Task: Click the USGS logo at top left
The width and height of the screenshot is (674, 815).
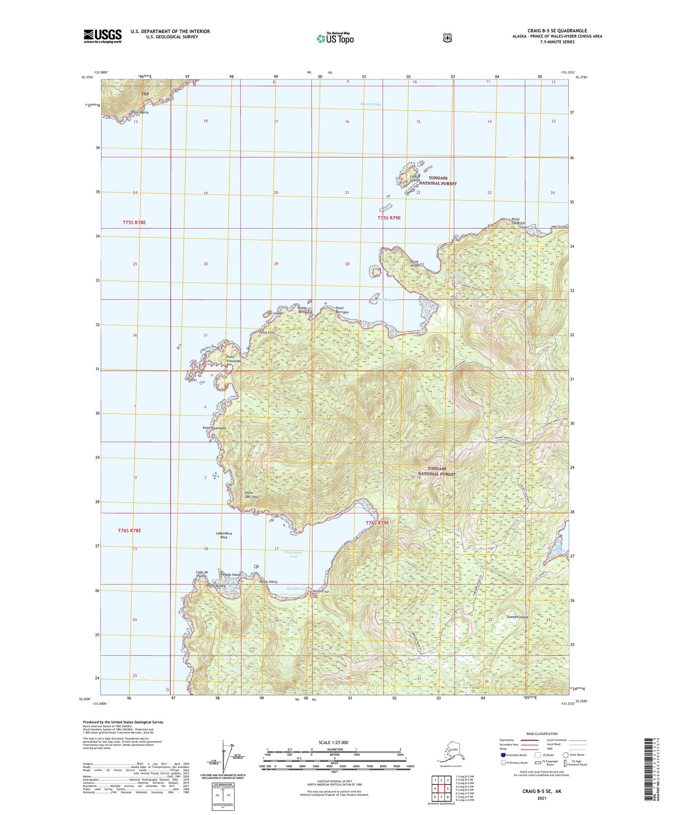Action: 103,36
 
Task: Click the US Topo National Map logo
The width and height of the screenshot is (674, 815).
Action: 334,38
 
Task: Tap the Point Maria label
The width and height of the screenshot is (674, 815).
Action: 139,112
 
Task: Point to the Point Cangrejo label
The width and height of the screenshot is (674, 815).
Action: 518,221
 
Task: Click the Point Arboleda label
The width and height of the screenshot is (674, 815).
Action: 233,359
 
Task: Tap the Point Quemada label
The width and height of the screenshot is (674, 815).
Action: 214,428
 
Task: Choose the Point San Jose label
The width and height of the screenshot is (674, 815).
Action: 252,494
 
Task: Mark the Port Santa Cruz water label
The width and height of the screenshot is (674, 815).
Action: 293,554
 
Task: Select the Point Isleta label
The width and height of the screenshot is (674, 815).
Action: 269,582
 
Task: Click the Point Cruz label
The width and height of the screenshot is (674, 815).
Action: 321,591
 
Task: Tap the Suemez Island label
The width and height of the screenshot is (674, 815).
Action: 518,617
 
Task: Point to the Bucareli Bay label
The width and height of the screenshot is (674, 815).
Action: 371,104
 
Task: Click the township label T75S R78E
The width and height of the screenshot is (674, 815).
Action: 134,223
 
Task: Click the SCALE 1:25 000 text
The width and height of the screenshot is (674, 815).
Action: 333,742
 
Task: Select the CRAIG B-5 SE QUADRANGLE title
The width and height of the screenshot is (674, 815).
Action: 557,31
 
